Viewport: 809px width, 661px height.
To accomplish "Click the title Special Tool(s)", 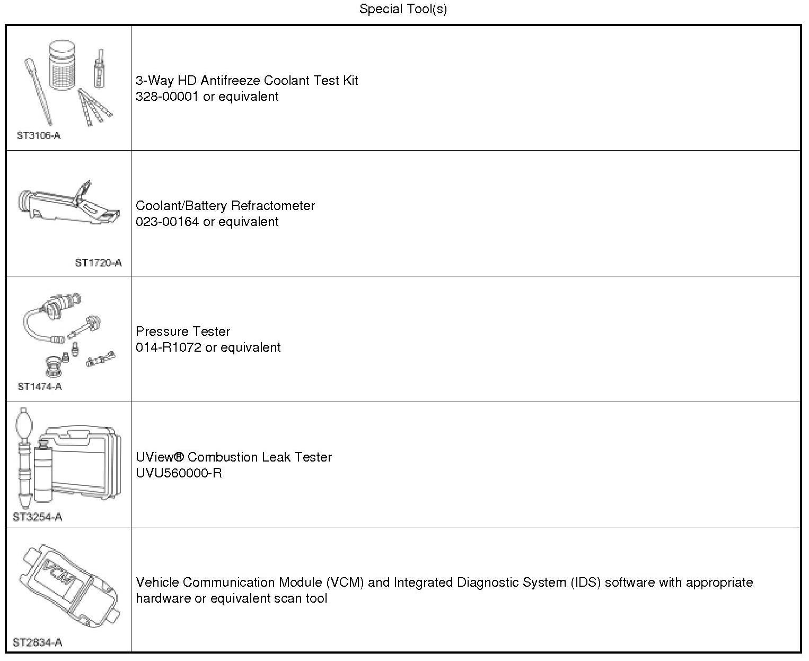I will pos(403,9).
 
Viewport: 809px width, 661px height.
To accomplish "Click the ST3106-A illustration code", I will pos(39,135).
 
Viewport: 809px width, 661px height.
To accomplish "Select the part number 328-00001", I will pos(168,97).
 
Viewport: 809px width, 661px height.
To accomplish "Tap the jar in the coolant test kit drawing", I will pos(66,65).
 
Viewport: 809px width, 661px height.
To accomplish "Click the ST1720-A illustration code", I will pos(98,263).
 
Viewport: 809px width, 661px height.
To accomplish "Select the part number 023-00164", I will pos(168,222).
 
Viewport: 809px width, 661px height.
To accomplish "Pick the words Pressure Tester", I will pos(183,332).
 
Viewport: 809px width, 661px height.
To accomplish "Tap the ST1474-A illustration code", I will pos(40,386).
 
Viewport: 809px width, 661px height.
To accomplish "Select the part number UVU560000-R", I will pos(179,473).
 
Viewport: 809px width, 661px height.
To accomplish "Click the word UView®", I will pos(159,457).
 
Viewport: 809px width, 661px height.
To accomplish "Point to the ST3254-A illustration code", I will pos(37,517).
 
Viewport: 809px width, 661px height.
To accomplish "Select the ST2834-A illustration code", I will pos(37,642).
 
